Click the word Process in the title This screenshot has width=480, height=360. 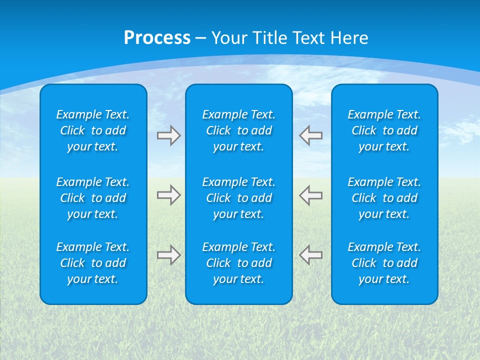click(x=157, y=38)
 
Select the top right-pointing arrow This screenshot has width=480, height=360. click(x=168, y=135)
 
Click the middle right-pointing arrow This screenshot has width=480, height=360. click(x=168, y=195)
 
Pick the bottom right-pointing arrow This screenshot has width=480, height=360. click(x=168, y=255)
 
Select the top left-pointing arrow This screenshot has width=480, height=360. click(x=311, y=135)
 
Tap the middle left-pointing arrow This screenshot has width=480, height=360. click(x=311, y=195)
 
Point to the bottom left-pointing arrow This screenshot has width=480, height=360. click(x=311, y=255)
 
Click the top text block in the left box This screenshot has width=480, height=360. click(x=93, y=130)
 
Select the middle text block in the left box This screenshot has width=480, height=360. click(x=93, y=198)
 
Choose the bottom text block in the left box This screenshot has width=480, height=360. click(x=93, y=263)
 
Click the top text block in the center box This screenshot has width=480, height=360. click(x=238, y=130)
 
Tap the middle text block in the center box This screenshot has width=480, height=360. click(x=238, y=198)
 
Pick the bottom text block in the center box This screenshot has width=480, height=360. click(x=238, y=263)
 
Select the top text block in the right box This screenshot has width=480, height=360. click(x=384, y=130)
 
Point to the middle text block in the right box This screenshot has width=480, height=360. click(x=384, y=198)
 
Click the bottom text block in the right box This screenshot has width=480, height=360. click(x=384, y=263)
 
